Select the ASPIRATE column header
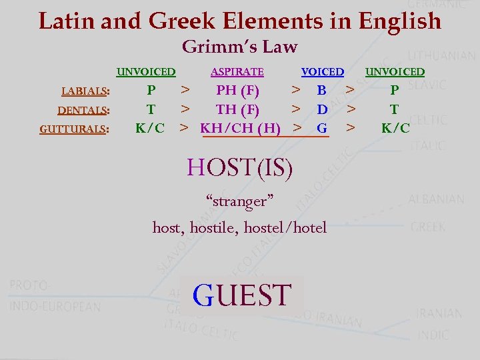(x=237, y=72)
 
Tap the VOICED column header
(x=323, y=72)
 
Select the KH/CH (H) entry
(x=240, y=127)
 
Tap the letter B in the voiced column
(x=322, y=90)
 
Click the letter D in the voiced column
(x=322, y=109)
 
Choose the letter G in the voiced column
(x=322, y=127)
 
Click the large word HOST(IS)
(x=240, y=167)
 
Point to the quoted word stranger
(x=240, y=201)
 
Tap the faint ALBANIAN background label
(x=436, y=199)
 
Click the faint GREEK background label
(x=428, y=227)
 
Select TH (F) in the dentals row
(x=237, y=109)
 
